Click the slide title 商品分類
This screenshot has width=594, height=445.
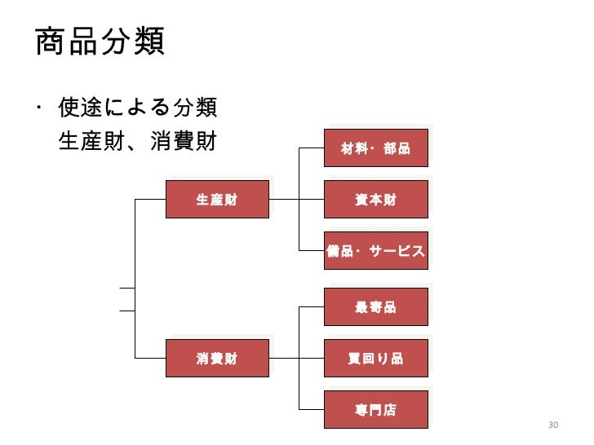point(100,42)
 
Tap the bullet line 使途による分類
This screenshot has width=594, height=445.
point(137,108)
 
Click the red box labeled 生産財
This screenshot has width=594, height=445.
point(217,199)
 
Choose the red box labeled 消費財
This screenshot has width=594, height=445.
point(217,358)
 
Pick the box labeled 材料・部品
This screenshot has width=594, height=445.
point(376,148)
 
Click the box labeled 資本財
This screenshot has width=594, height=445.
point(376,199)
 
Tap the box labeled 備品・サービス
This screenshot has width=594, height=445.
point(376,250)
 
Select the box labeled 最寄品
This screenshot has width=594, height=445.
point(376,307)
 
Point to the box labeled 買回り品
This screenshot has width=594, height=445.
point(376,358)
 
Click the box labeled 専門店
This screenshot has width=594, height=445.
point(376,409)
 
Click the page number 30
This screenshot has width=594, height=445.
point(552,426)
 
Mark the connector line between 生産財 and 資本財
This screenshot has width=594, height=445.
point(285,199)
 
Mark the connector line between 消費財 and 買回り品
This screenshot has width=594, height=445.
point(285,358)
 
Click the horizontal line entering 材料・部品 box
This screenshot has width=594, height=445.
point(313,148)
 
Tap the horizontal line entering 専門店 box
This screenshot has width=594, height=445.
point(313,409)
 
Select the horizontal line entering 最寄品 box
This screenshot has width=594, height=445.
point(313,307)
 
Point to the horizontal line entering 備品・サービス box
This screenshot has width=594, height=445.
point(313,250)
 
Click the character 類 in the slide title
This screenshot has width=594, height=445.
point(148,42)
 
